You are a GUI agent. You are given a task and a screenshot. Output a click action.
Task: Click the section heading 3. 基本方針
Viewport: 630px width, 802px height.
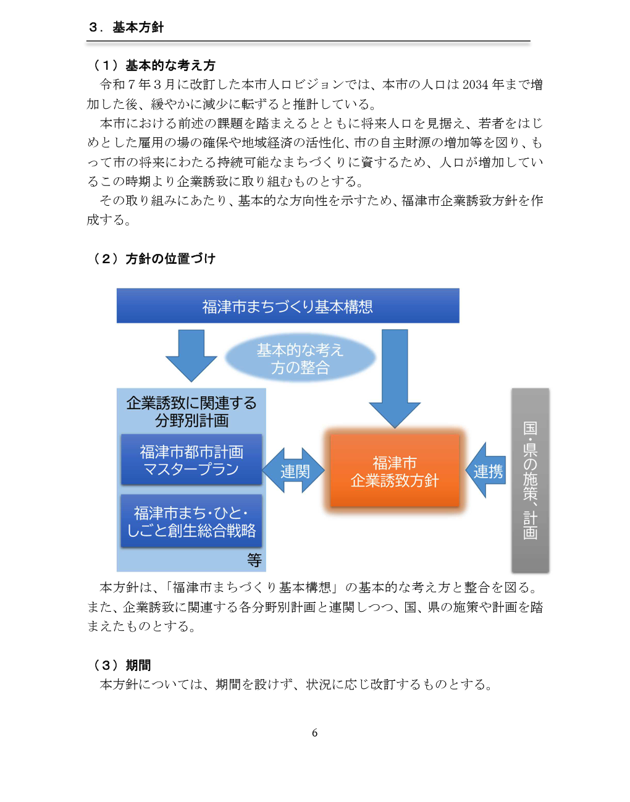126,27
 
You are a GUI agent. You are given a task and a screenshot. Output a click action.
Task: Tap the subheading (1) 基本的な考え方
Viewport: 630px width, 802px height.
154,65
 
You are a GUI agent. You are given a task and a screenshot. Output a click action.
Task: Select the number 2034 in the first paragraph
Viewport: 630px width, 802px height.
475,85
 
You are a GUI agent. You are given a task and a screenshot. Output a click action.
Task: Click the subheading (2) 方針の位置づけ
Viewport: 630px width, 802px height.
154,259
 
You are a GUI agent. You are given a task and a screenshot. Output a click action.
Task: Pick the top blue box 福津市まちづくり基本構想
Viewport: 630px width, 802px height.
288,306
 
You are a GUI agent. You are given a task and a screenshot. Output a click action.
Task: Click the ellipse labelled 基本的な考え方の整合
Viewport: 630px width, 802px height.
300,359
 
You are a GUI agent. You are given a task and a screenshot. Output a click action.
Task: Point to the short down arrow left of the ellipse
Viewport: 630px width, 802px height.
191,355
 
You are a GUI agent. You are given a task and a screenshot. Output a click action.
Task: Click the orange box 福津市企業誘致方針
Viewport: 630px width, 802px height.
395,471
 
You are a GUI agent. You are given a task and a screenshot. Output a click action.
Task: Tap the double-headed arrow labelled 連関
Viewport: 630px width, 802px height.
294,471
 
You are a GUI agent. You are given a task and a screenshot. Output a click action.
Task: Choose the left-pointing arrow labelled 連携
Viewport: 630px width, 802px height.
486,471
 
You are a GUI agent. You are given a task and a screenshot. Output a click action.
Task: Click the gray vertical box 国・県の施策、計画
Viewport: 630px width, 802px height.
530,480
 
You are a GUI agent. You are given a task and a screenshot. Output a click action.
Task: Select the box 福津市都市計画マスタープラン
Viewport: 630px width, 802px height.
191,460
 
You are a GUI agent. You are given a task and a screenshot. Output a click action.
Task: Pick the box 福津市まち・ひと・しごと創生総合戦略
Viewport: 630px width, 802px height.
191,521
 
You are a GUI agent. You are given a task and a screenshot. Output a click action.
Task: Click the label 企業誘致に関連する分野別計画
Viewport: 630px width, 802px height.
191,412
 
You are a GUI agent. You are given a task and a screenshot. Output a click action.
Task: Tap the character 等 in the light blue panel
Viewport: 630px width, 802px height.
254,560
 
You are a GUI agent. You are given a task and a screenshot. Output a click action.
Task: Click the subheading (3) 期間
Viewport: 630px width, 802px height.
122,665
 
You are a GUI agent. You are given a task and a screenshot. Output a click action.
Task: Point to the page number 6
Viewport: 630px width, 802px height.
314,733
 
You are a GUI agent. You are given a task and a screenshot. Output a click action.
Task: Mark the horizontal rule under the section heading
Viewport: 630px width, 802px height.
308,41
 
